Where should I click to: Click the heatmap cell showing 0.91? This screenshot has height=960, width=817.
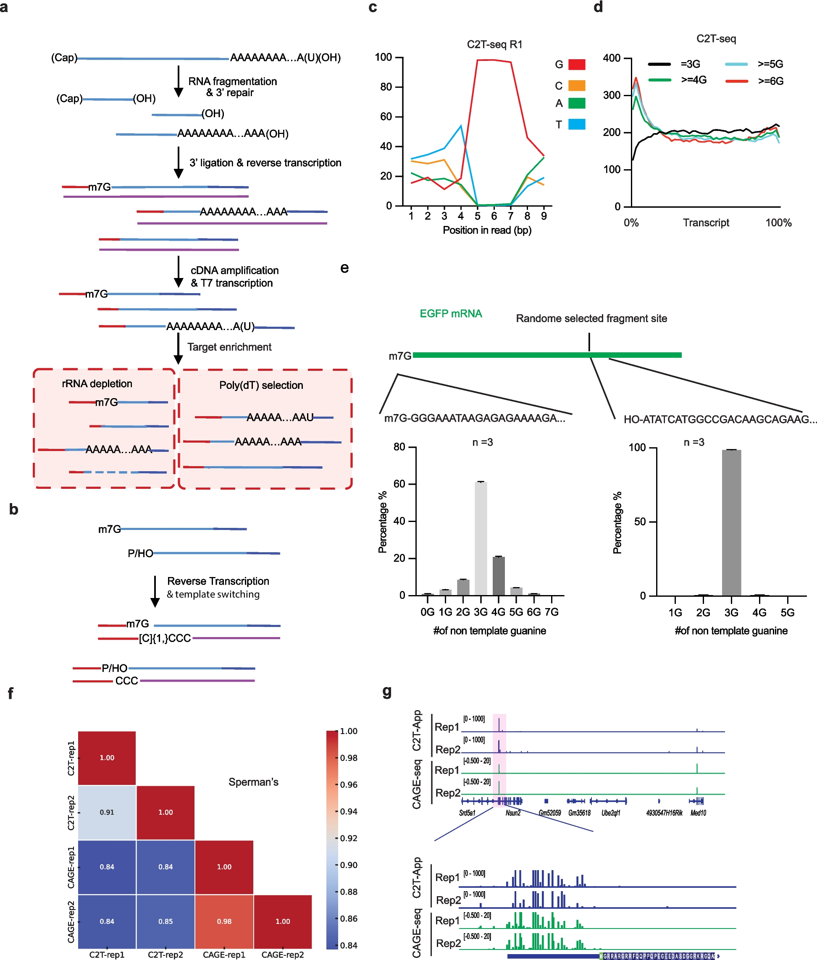pyautogui.click(x=107, y=812)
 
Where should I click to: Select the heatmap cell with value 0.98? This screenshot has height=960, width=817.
pyautogui.click(x=224, y=921)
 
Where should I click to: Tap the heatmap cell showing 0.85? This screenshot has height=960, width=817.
pyautogui.click(x=166, y=921)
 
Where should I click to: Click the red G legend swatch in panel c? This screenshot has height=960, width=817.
pyautogui.click(x=577, y=64)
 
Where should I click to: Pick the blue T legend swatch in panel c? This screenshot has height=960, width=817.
pyautogui.click(x=577, y=124)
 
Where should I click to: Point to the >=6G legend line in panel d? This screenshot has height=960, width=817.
pyautogui.click(x=736, y=81)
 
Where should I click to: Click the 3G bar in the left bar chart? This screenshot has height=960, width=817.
pyautogui.click(x=481, y=538)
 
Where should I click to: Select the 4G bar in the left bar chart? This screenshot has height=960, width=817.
pyautogui.click(x=498, y=576)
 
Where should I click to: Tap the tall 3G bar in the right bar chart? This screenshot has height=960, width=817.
pyautogui.click(x=731, y=522)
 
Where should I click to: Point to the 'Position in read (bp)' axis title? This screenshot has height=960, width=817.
pyautogui.click(x=487, y=230)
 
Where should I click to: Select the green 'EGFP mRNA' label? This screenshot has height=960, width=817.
pyautogui.click(x=451, y=314)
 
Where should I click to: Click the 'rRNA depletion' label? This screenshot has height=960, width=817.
pyautogui.click(x=97, y=383)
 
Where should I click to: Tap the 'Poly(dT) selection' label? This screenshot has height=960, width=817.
pyautogui.click(x=261, y=385)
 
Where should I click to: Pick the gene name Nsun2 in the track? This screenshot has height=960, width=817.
pyautogui.click(x=513, y=813)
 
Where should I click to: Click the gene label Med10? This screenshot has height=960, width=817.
pyautogui.click(x=698, y=813)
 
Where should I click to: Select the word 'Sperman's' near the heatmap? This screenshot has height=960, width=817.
pyautogui.click(x=253, y=782)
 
